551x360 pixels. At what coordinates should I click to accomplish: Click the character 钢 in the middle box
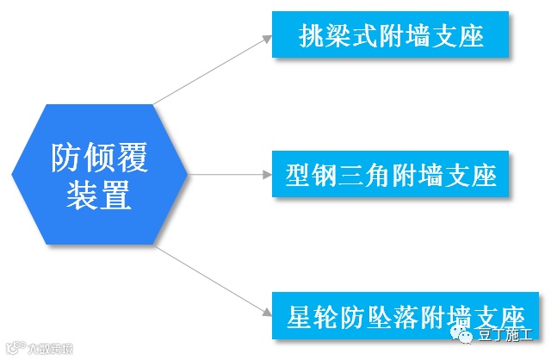click(323, 177)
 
